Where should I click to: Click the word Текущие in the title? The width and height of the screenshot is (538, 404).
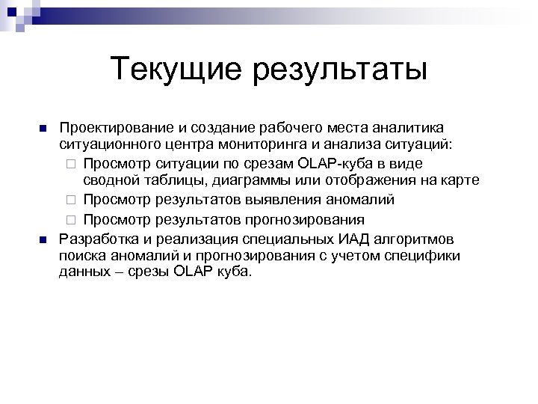176,70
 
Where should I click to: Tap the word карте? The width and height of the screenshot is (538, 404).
459,181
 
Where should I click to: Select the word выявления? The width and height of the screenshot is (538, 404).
294,200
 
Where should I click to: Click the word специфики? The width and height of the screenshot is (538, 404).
424,256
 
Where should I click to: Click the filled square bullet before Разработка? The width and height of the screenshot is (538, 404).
43,239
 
